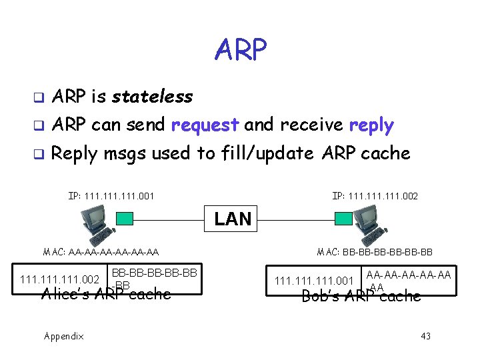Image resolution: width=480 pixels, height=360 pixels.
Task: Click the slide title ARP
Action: tap(241, 48)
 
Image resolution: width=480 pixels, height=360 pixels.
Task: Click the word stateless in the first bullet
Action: tap(152, 97)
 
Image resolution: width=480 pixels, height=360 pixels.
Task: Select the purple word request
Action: tap(205, 125)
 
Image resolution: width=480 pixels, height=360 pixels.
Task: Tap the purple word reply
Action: tap(371, 125)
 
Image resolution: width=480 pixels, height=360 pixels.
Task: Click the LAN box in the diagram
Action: tap(233, 219)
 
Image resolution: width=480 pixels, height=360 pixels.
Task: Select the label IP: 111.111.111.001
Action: tap(111, 196)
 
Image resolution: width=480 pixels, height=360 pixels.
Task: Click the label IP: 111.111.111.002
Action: tap(375, 196)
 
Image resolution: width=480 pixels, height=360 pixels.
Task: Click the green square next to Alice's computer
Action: tap(125, 219)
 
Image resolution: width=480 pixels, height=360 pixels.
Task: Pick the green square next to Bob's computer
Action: tap(343, 219)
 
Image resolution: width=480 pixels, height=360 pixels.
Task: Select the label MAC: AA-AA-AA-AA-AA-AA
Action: tap(101, 252)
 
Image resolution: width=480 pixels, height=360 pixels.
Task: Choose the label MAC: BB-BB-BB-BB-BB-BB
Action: tap(375, 252)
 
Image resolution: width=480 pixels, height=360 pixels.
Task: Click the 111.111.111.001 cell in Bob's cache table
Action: tap(314, 281)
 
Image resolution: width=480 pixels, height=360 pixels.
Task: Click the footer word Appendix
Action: tap(64, 336)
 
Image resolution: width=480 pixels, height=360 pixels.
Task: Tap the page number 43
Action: tap(425, 336)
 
